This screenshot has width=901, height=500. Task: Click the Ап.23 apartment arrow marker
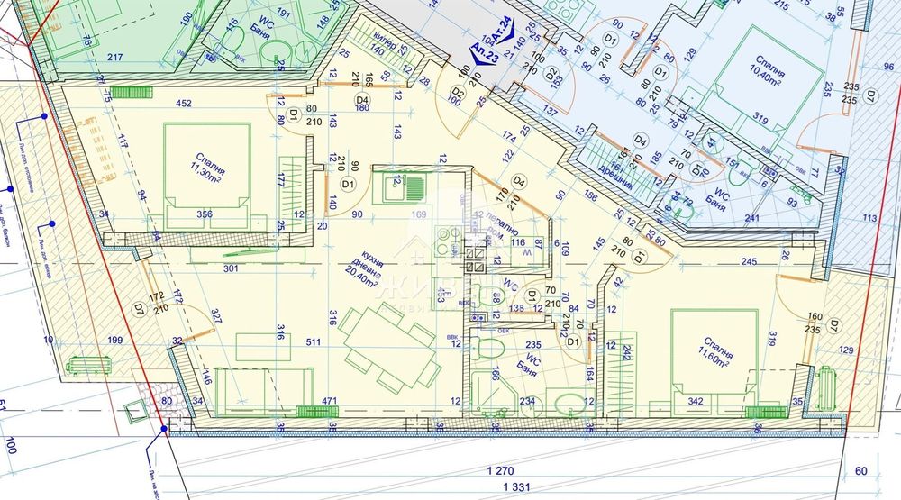coord(485,54)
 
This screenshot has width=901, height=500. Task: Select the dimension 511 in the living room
coord(314,342)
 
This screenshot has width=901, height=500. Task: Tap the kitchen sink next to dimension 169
coord(396,188)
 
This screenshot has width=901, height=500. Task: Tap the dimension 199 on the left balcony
coord(114,340)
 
